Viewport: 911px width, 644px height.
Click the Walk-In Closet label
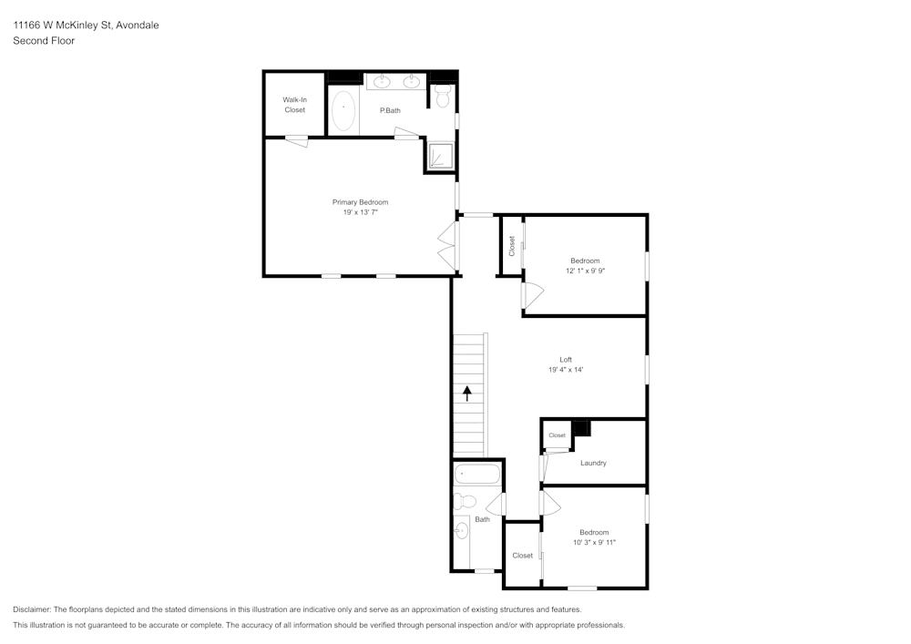coord(294,105)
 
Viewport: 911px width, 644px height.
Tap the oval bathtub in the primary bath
coord(343,110)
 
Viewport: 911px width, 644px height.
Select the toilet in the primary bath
coord(443,95)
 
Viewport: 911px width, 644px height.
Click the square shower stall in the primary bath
coord(439,157)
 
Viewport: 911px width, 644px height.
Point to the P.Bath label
coord(390,110)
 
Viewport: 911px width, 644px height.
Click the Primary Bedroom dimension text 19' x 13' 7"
coord(360,212)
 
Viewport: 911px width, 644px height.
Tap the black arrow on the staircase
coord(467,394)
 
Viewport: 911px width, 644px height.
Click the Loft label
coord(566,359)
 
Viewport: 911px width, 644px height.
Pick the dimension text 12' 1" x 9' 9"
coord(585,271)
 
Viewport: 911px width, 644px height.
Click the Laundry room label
coord(593,463)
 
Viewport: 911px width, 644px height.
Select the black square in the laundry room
coord(580,428)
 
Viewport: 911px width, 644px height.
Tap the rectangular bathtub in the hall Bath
coord(477,474)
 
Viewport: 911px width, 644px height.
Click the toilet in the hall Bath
coord(465,501)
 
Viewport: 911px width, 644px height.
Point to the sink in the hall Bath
coord(461,529)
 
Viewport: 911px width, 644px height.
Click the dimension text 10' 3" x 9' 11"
coord(595,543)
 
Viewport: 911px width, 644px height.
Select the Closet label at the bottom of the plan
coord(522,556)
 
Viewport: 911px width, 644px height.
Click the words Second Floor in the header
coord(44,41)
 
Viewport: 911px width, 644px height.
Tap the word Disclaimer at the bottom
coord(32,609)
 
